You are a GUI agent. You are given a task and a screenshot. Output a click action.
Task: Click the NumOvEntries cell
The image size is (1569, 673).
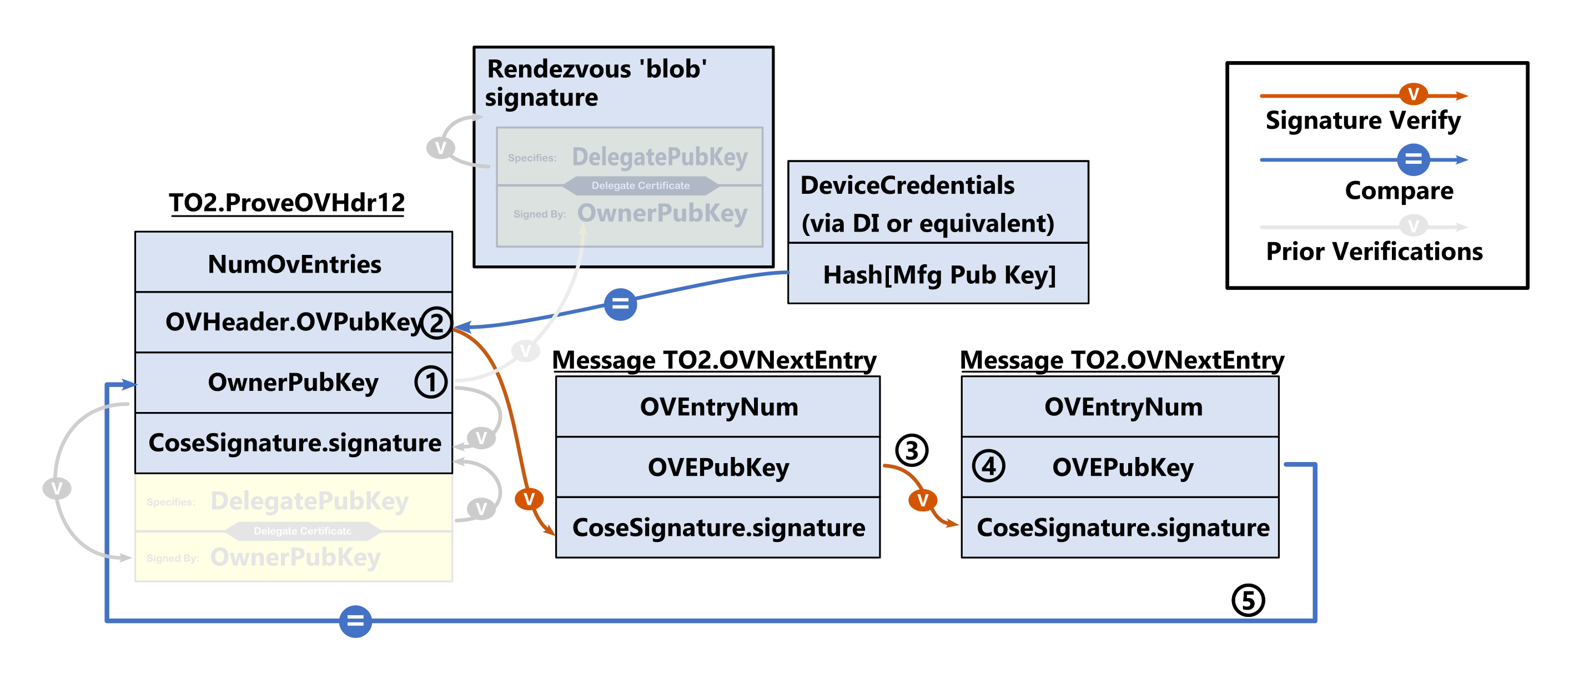point(294,264)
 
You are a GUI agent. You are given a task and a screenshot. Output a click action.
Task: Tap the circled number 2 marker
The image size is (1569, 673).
point(436,323)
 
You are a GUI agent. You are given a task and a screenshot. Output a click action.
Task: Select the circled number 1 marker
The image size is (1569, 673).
point(431,383)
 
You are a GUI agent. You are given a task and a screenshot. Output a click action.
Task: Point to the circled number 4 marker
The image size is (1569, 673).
point(988,466)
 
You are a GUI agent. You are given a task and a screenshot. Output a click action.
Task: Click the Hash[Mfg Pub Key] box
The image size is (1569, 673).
point(938,275)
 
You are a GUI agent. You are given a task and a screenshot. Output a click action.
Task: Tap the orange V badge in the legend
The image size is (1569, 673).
point(1413,94)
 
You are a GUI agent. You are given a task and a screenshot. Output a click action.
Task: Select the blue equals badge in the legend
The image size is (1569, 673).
point(1413,159)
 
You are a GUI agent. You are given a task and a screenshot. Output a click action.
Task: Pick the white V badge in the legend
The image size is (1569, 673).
point(1413,226)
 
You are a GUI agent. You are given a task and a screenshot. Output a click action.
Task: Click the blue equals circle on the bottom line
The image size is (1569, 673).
point(355,621)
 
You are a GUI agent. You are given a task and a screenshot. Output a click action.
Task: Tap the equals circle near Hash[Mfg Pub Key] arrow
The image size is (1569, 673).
point(620,303)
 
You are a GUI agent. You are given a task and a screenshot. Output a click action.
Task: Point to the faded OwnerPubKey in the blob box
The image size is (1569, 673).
point(662,214)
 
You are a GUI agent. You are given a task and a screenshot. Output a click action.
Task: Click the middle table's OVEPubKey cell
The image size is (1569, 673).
point(717,467)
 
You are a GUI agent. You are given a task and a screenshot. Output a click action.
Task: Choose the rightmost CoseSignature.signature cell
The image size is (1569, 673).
point(1122,528)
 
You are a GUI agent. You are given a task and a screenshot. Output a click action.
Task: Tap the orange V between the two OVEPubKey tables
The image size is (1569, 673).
point(923,501)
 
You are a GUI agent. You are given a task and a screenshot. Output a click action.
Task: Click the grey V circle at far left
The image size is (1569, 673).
point(57,488)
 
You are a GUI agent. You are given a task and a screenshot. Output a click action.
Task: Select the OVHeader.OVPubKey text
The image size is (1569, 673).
point(293,322)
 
